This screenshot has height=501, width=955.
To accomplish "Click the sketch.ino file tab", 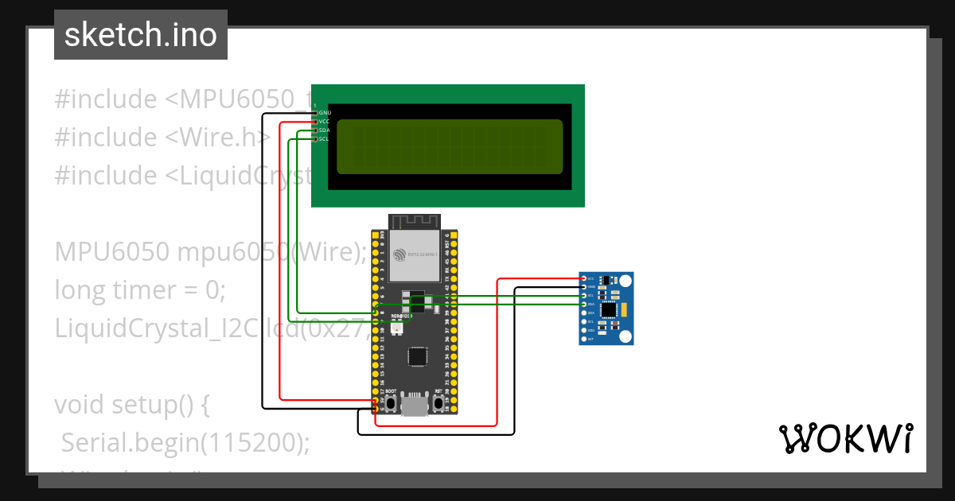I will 140,35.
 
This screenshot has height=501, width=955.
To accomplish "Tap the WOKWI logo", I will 845,438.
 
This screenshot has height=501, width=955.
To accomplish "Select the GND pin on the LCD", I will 317,113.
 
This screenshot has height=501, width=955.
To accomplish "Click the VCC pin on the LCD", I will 317,122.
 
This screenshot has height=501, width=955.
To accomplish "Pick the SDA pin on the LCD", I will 317,130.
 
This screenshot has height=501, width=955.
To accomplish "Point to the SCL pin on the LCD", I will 317,139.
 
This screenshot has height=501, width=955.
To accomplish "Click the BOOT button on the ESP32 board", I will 392,404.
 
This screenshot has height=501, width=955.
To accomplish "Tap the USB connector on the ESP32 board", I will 415,406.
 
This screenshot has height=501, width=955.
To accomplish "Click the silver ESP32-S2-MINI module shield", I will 415,255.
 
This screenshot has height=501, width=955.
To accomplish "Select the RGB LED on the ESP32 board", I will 396,328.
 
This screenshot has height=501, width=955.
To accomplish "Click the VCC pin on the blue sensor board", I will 585,278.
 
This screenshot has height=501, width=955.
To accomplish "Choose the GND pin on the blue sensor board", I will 585,287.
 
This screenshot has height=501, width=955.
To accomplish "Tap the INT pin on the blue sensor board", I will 585,340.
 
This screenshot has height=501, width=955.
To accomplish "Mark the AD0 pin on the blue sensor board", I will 585,331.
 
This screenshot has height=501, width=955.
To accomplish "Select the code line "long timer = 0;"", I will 140,289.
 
